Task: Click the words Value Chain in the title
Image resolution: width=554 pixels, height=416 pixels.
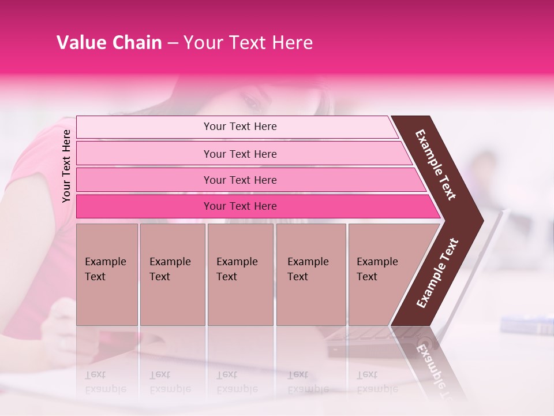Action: (109, 43)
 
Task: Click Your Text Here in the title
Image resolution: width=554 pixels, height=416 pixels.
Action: (248, 43)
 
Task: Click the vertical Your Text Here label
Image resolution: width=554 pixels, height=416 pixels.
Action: (66, 166)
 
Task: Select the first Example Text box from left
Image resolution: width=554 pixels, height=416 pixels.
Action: (107, 274)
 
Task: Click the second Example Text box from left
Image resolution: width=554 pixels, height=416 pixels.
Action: (173, 274)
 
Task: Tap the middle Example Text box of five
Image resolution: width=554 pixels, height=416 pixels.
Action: (240, 274)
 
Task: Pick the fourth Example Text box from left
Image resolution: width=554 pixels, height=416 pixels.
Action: (311, 274)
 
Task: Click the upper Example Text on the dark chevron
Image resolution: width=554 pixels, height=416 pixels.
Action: (436, 164)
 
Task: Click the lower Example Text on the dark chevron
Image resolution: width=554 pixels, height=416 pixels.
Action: (437, 273)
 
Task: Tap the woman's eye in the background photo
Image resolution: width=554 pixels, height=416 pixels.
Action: (252, 103)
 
